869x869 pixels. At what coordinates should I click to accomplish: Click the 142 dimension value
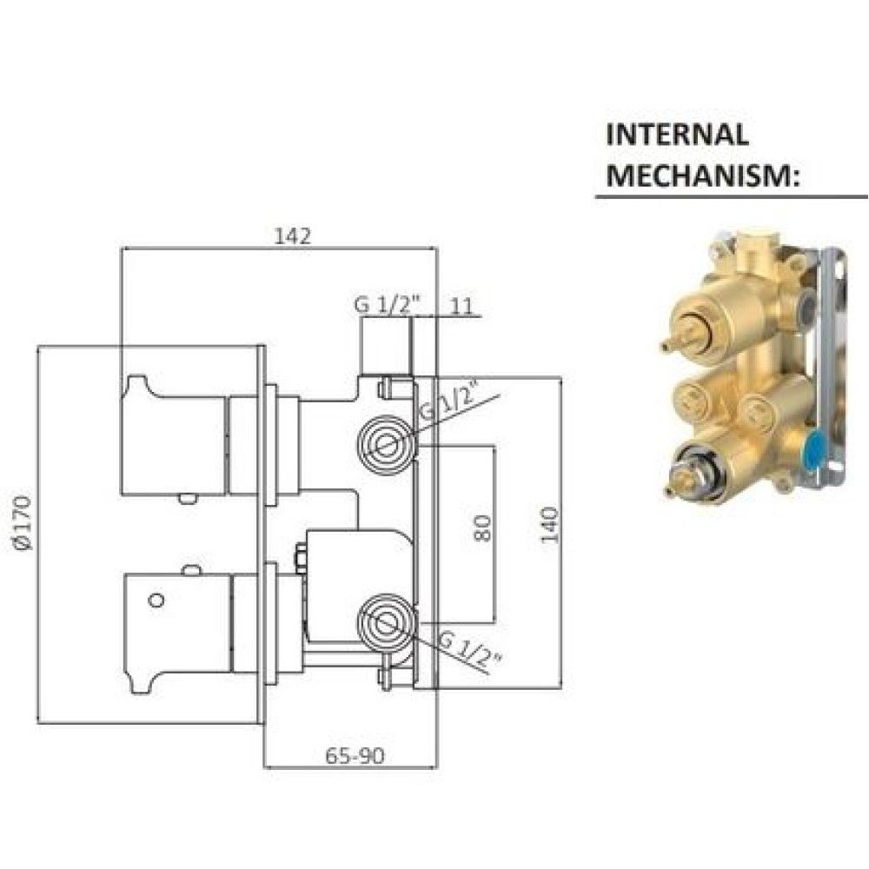(293, 236)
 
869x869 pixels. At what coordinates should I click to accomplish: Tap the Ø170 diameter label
(23, 523)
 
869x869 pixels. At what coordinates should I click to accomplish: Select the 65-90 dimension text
(355, 755)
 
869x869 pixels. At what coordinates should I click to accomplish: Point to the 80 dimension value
(482, 528)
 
